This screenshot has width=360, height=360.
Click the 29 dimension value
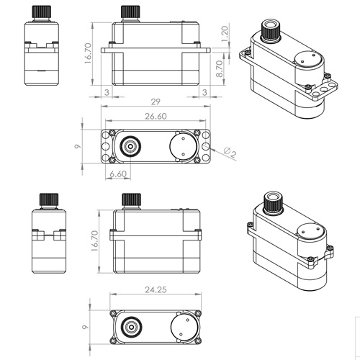point(156,102)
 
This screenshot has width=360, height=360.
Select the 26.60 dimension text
point(156,117)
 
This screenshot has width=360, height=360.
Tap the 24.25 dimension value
point(156,289)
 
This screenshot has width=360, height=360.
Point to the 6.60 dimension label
point(118,174)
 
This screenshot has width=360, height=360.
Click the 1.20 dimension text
point(224,34)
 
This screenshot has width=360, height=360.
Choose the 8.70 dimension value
point(220,68)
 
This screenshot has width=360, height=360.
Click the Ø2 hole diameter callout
point(230,152)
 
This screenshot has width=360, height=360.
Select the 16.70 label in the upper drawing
point(88,53)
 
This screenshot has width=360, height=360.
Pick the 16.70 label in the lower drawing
point(95,241)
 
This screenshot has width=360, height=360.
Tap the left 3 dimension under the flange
point(107,92)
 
